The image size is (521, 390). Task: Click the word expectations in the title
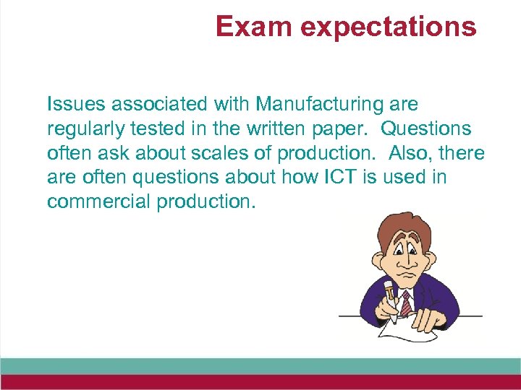coord(389,27)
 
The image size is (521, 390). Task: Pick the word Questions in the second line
coord(425,129)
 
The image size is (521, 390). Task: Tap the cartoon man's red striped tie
coord(407,303)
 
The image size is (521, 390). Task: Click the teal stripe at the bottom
coord(260,366)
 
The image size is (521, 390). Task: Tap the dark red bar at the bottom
coord(260,382)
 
